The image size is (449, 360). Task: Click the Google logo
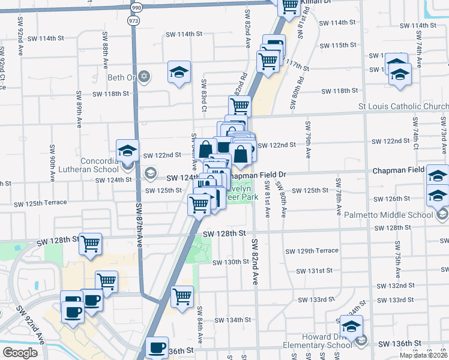point(20,352)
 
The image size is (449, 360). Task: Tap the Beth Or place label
point(122,77)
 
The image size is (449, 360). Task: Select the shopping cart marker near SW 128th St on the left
point(90,244)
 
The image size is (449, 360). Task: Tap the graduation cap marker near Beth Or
point(179,72)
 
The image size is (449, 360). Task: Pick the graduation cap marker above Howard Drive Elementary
point(351,326)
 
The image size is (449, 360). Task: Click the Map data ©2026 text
point(423,355)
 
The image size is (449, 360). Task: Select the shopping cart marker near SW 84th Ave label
point(182,295)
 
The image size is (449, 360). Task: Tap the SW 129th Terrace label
point(312,250)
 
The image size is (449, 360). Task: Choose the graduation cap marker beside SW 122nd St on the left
point(127,150)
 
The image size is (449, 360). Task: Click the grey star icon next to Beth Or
point(143,77)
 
